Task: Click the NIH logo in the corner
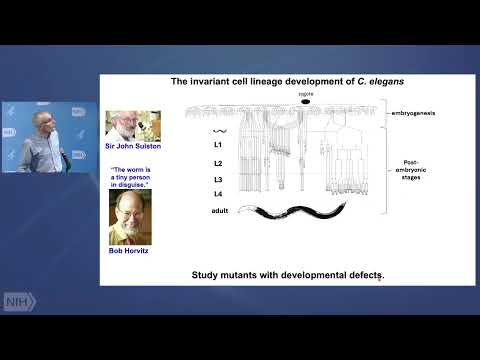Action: [18, 301]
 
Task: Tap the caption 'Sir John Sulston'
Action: [133, 145]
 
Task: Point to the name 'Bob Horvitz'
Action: [133, 251]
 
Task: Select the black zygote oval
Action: [306, 102]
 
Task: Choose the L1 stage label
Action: [218, 144]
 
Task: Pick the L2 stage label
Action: [218, 163]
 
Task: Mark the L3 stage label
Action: [218, 179]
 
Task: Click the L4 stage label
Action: [218, 194]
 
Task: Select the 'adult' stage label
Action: [221, 210]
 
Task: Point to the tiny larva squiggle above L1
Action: [219, 130]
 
